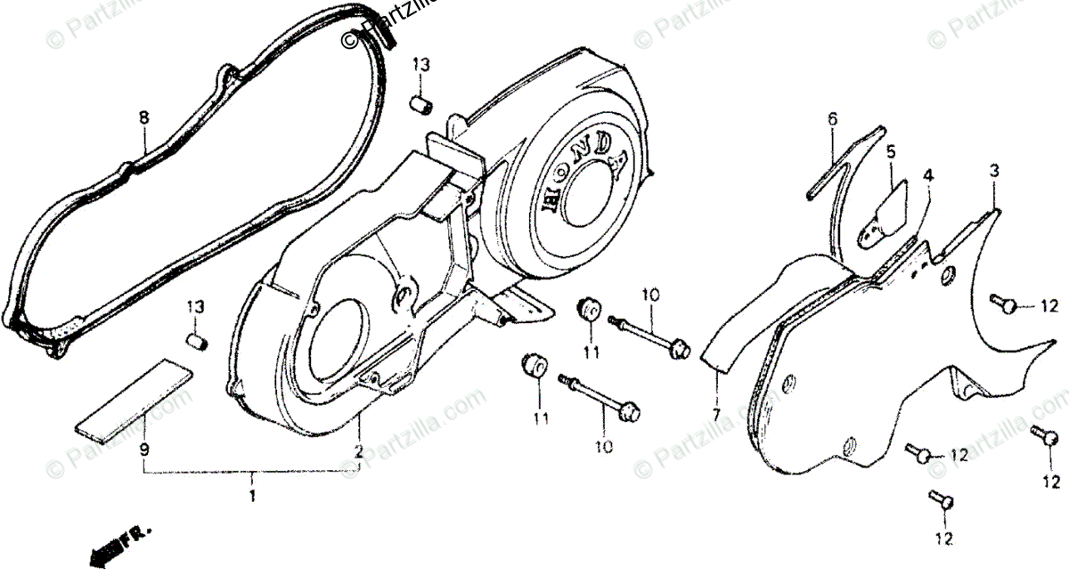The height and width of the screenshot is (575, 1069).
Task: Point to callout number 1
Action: tap(252, 494)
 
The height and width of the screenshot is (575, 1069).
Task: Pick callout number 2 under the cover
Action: tap(358, 451)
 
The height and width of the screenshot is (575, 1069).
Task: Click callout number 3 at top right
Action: tap(996, 170)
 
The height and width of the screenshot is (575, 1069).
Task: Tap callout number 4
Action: tap(929, 176)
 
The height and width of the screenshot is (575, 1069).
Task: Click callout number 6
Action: tap(833, 118)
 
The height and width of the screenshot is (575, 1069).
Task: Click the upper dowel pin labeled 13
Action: tap(420, 103)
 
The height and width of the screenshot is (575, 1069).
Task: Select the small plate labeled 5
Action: tap(882, 211)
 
